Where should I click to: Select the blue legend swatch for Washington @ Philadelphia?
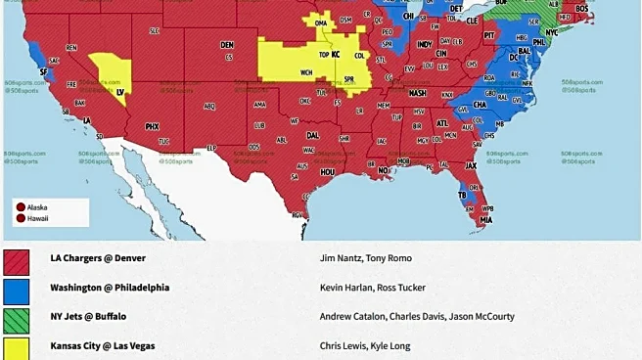click(16, 291)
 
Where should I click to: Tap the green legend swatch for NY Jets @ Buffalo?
click(16, 319)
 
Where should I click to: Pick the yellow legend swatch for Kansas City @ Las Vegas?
click(16, 347)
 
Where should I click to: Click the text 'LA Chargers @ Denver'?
click(98, 258)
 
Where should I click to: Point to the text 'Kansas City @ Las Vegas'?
click(103, 345)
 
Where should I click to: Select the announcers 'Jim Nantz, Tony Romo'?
click(366, 258)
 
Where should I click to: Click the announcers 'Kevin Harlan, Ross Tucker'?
click(374, 288)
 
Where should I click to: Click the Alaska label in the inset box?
click(37, 207)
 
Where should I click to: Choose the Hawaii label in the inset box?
click(37, 218)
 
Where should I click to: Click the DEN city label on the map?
click(227, 45)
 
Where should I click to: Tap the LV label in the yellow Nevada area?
click(120, 92)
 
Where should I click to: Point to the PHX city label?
click(152, 126)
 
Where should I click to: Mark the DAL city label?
click(312, 135)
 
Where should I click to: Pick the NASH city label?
click(418, 93)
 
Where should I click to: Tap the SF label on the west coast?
click(42, 71)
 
